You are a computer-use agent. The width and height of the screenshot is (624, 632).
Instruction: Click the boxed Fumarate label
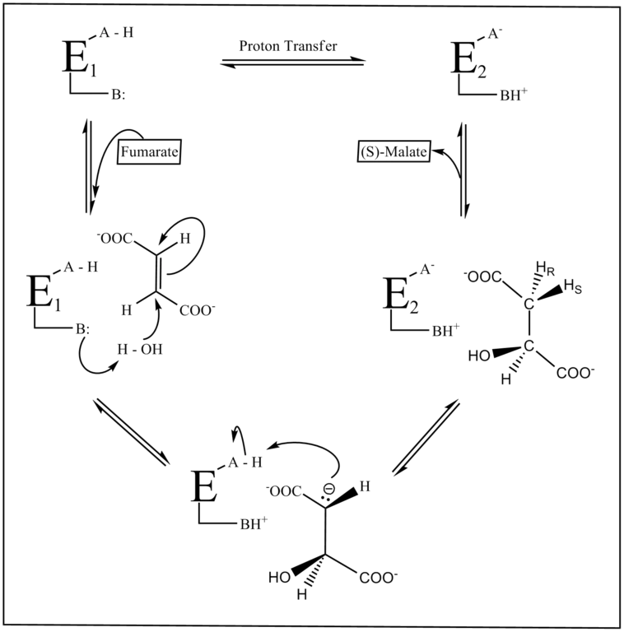[x=151, y=152]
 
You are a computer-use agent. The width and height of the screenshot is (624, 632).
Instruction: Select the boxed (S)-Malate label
[x=396, y=153]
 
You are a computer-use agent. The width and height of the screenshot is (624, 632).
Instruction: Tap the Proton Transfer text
[x=287, y=47]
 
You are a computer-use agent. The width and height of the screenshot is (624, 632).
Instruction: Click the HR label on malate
[x=543, y=265]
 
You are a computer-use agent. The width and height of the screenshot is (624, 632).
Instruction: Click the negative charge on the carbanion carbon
[x=327, y=489]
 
